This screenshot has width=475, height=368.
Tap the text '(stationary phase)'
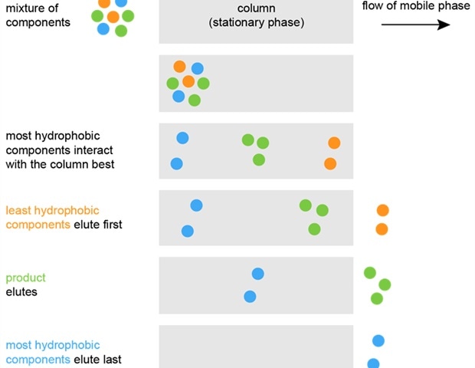click(x=256, y=23)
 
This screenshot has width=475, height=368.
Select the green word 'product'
click(x=25, y=278)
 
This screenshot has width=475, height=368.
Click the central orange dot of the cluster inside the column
click(x=188, y=81)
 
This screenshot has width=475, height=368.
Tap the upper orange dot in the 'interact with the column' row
click(x=334, y=143)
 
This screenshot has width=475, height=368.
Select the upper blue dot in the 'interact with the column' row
click(x=182, y=138)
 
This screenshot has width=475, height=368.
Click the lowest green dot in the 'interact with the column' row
click(x=259, y=159)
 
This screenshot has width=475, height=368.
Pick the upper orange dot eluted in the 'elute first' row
click(x=382, y=210)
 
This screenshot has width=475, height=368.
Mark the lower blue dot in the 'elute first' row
click(x=187, y=231)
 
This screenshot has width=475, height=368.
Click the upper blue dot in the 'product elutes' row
click(x=258, y=274)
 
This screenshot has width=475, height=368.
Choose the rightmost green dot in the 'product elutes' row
click(x=385, y=284)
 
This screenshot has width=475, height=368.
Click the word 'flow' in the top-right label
click(x=373, y=7)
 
